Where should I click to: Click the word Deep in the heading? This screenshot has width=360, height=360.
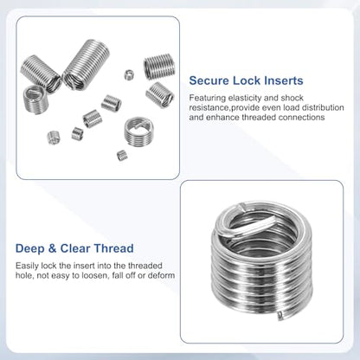(30, 248)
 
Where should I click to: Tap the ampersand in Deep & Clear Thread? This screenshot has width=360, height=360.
(53, 248)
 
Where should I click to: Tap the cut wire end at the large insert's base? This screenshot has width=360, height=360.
(280, 316)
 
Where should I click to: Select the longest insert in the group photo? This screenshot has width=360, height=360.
(86, 64)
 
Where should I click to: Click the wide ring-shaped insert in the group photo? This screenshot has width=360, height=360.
(138, 132)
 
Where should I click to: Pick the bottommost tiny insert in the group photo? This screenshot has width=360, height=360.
(122, 156)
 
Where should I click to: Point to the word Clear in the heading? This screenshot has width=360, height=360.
(75, 248)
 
